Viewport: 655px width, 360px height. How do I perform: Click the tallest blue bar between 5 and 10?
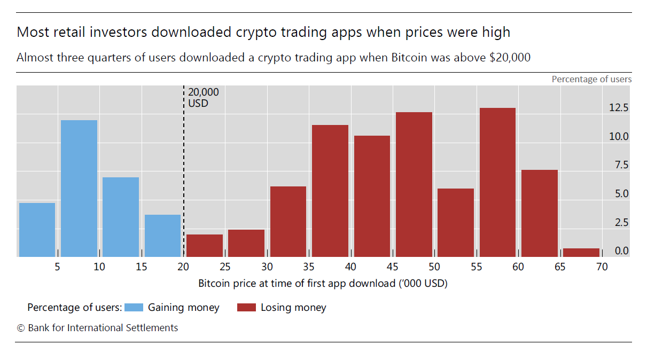[79, 189]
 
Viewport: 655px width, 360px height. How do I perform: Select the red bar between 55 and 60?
[497, 182]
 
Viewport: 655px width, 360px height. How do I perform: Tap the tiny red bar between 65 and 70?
[581, 253]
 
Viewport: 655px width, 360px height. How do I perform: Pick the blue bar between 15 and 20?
[162, 236]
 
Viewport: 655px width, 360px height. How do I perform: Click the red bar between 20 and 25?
[205, 246]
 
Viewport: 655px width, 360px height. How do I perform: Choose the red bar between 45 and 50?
[414, 184]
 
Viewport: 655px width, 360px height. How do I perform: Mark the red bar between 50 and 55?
[456, 223]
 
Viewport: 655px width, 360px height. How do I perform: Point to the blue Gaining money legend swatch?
[134, 307]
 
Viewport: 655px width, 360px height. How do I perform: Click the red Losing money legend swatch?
[246, 307]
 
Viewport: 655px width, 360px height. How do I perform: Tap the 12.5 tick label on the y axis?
[619, 107]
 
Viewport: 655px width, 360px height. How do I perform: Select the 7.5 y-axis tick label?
[622, 165]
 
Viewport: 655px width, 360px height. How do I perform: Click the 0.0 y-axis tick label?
[622, 251]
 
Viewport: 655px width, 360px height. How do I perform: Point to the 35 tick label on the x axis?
[308, 267]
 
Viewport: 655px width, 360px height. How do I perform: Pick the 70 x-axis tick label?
[602, 267]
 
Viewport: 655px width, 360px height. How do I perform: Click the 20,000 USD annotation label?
[203, 98]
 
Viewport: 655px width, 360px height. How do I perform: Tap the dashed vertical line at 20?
[184, 171]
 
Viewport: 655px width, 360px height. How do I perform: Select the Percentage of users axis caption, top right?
[591, 79]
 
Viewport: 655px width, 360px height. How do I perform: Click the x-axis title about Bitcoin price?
[323, 284]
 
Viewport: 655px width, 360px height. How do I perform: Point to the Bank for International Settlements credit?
[97, 328]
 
